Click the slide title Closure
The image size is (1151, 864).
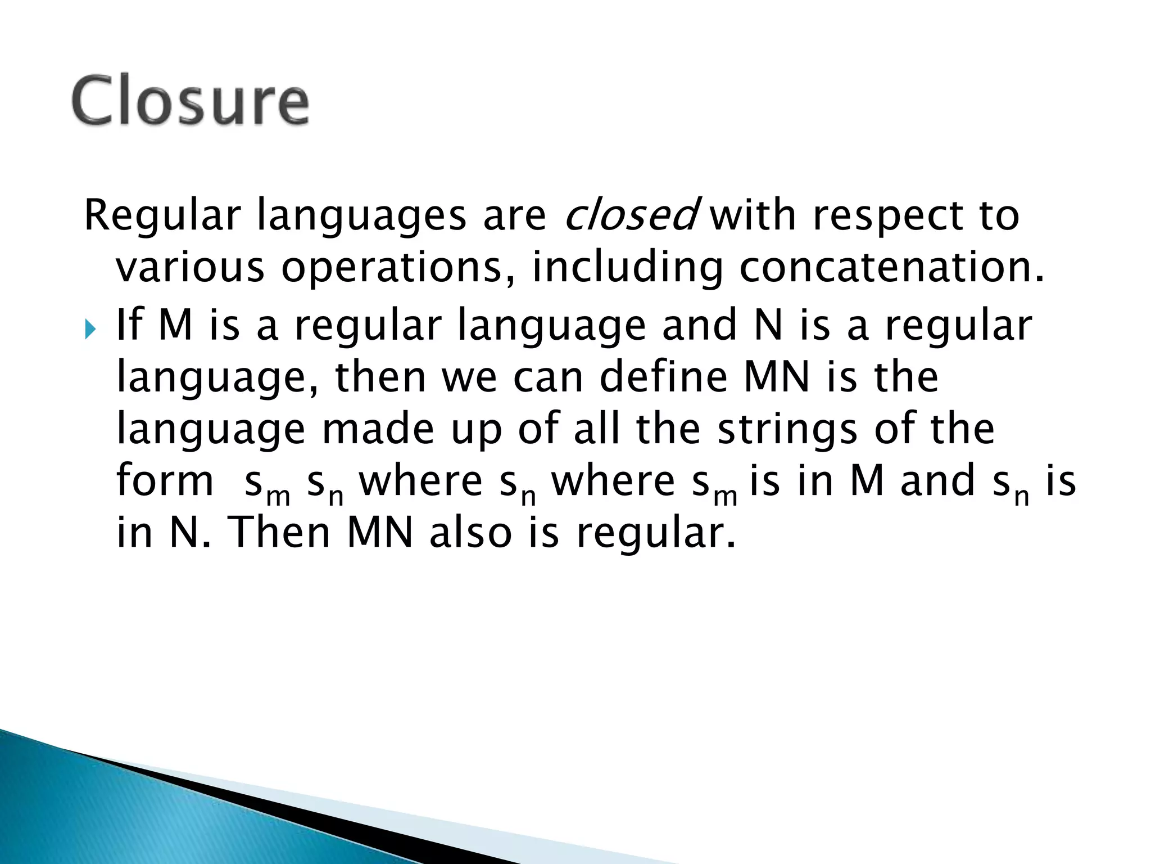tap(190, 102)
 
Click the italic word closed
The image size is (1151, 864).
tap(631, 215)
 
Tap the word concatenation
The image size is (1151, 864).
tap(891, 268)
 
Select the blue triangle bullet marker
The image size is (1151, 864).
tap(90, 330)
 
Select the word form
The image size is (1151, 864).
tap(165, 481)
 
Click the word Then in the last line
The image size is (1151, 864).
tap(280, 532)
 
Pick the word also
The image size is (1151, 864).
tap(470, 532)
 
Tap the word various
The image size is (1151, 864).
tap(189, 268)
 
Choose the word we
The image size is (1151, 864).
tap(469, 378)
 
